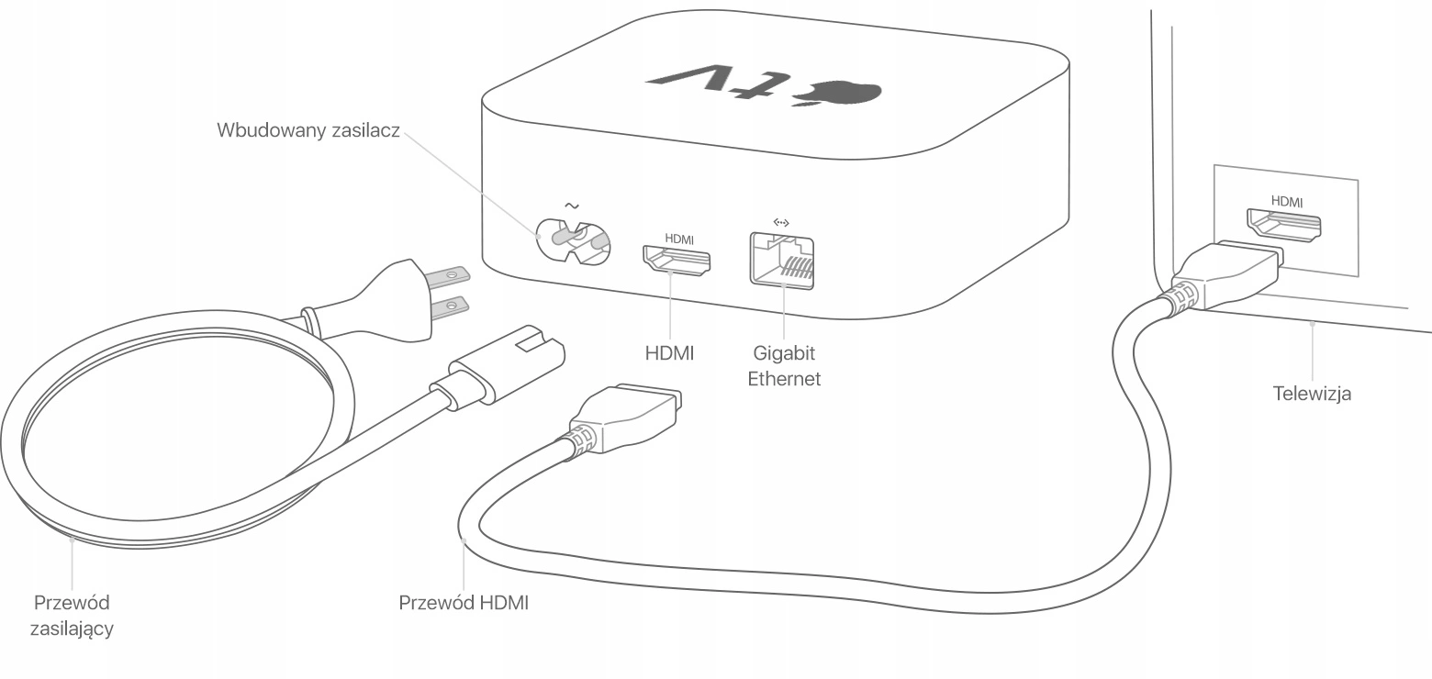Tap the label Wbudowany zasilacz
pos(308,130)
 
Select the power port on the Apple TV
pos(573,242)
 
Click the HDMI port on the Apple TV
pos(677,260)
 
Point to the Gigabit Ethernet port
pos(782,262)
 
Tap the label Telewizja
pos(1312,394)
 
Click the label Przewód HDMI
pos(464,603)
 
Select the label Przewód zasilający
pos(72,616)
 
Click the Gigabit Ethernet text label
pos(784,366)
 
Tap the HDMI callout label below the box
pos(669,353)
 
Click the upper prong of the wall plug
pos(449,276)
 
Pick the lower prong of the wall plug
pos(450,307)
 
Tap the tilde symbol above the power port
pos(572,206)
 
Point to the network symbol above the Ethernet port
pos(781,222)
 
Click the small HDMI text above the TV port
pos(1287,202)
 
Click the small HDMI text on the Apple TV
pos(679,239)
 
